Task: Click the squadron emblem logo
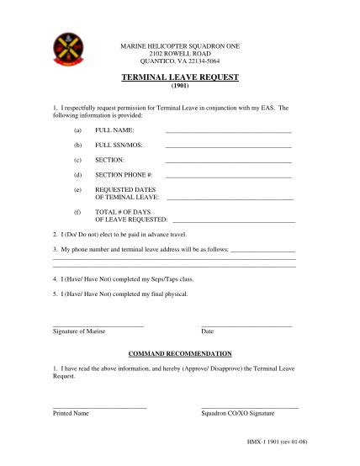point(64,49)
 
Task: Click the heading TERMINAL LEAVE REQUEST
point(180,77)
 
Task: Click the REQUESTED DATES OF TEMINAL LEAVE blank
point(230,198)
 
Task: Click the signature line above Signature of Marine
point(98,325)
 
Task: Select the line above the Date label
point(246,325)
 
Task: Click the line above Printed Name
point(99,407)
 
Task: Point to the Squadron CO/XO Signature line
point(250,407)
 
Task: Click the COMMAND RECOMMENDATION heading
point(180,354)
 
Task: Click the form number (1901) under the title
point(180,87)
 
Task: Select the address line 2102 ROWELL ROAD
point(180,52)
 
